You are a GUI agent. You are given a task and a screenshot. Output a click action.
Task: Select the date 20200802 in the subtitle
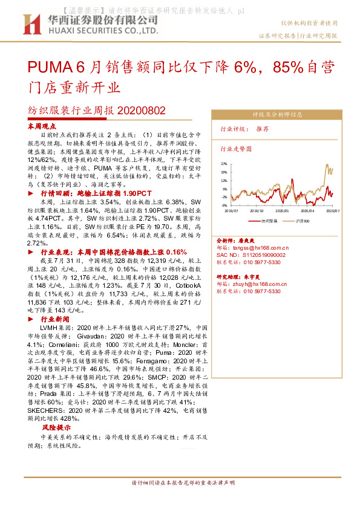point(139,111)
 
